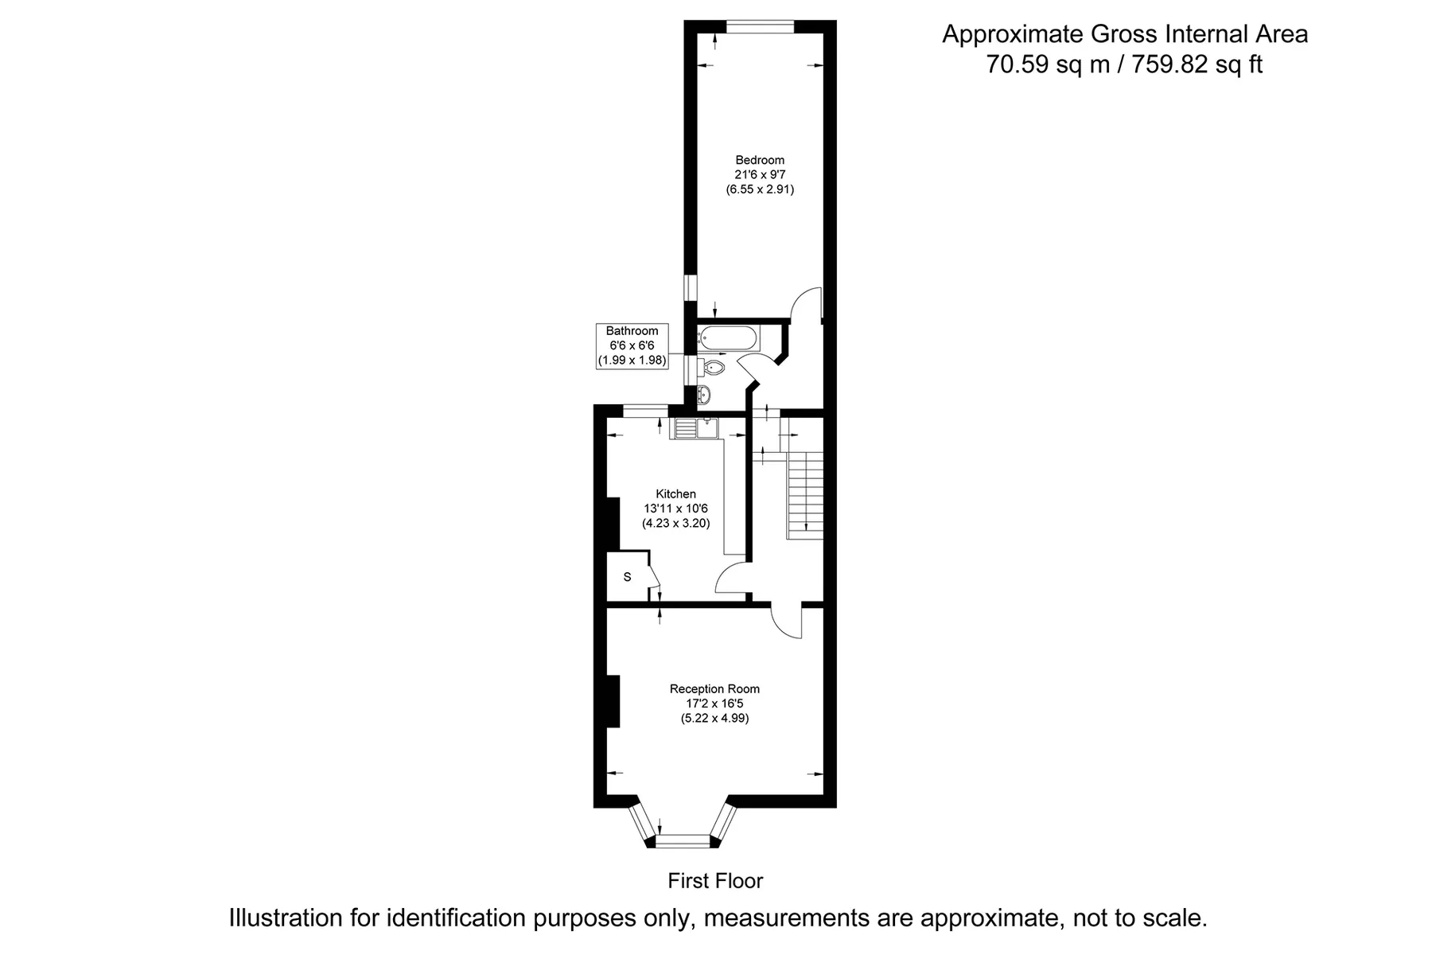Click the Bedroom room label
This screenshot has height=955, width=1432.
coord(760,160)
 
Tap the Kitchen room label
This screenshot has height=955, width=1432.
coord(675,494)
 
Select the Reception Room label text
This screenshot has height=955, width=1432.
coord(714,689)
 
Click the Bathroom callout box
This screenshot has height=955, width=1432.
coord(632,345)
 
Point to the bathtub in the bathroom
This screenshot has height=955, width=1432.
coord(728,338)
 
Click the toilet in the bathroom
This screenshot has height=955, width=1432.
coord(712,368)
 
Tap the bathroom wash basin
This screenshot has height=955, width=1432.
coord(704,394)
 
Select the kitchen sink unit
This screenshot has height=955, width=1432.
coord(695,428)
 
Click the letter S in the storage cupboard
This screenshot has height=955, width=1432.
coord(627,577)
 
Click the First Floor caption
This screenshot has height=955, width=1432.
coord(715,881)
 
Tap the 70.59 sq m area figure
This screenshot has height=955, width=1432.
coord(1048,64)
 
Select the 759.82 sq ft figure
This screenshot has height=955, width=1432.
coord(1197,64)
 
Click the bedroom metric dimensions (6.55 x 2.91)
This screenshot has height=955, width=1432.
coord(760,189)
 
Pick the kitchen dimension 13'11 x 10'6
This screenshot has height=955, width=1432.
coord(675,509)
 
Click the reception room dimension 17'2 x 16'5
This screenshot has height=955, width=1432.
coord(714,704)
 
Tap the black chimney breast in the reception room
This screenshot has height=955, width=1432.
coord(613,700)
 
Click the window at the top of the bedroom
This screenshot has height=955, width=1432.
coord(761,26)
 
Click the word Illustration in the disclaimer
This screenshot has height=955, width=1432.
coord(286,918)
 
